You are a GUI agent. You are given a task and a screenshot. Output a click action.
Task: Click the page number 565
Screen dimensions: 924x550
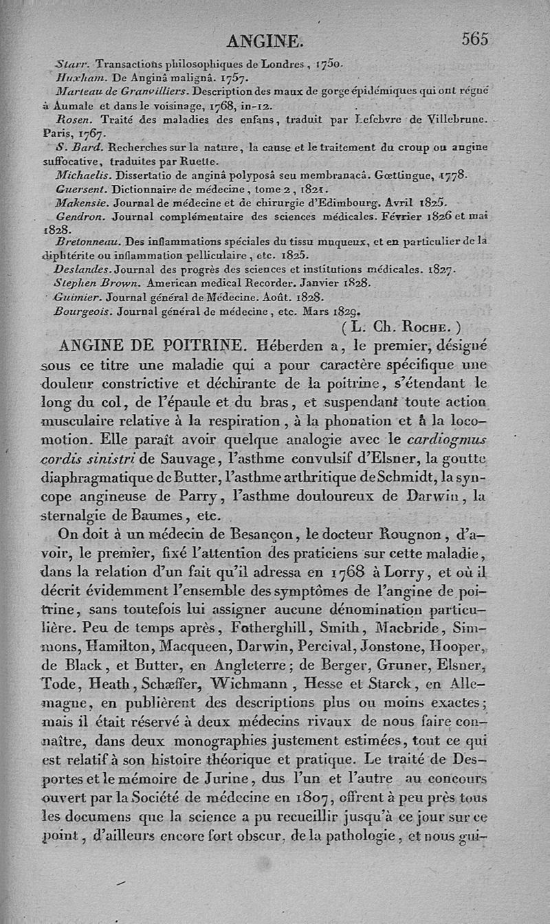point(475,39)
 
